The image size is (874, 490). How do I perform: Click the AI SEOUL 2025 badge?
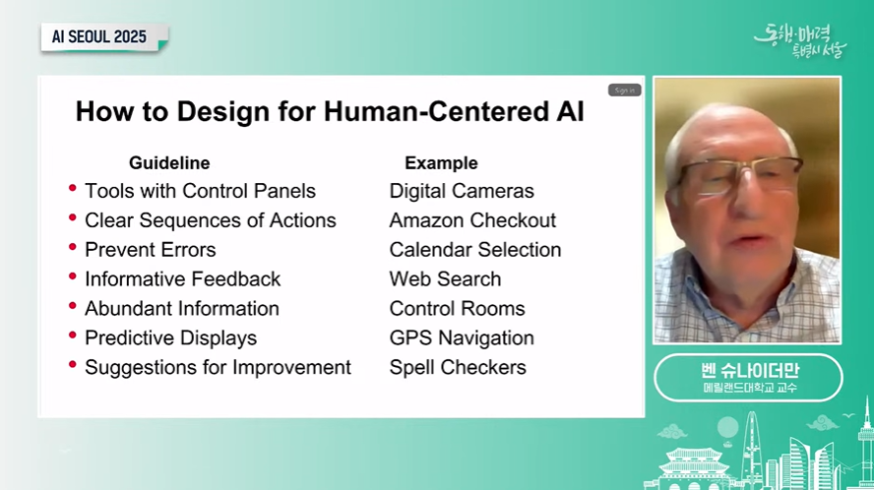point(104,37)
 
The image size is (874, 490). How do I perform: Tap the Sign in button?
point(624,91)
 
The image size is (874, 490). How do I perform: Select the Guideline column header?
point(169,162)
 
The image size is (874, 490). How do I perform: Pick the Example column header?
point(441,162)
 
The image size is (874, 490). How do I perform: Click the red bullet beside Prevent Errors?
point(73,247)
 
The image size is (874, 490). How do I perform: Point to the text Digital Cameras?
point(462,191)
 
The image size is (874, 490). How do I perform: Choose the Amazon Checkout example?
point(472,220)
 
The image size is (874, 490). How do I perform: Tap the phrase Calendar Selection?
point(475,250)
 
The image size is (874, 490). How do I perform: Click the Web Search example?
point(445,278)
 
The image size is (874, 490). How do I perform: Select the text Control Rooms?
point(457,308)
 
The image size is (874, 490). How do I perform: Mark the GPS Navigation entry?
point(462,337)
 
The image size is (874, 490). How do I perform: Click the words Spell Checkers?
point(458,367)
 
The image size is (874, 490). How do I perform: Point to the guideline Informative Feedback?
point(183,278)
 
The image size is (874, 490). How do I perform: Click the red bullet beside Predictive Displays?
point(73,335)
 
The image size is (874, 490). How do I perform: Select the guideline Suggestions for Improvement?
point(218,367)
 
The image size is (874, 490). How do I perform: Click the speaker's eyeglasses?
point(740,173)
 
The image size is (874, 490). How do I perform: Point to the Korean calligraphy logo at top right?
point(800,40)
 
